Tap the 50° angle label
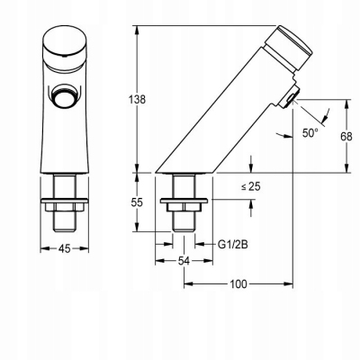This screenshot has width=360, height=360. tap(310, 133)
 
